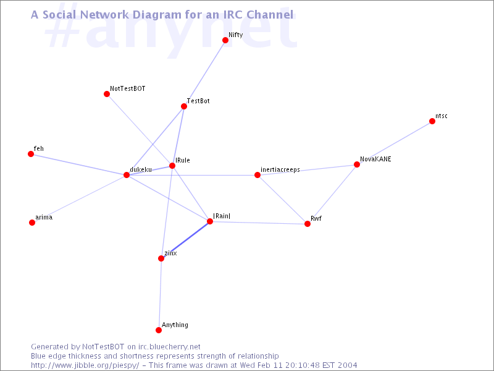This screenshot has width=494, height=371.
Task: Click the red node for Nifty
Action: pos(225,40)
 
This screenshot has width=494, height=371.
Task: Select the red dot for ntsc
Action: pos(432,121)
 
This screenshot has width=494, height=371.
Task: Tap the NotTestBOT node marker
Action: pos(107,94)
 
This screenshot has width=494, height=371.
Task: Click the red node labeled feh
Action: pos(31,154)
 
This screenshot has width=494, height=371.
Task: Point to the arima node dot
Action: pos(32,223)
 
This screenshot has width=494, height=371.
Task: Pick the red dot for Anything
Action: pos(159,330)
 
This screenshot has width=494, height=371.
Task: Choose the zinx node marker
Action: pos(161,258)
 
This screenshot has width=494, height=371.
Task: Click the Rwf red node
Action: pos(308,224)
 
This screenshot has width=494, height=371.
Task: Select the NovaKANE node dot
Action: pos(357,164)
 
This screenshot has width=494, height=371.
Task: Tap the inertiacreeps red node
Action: pos(257,175)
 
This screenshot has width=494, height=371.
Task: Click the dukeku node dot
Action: pos(127,175)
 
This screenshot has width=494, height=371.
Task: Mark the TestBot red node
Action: pos(184,106)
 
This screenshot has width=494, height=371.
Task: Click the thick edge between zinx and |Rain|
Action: pos(186,240)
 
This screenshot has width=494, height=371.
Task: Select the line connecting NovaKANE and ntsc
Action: pos(395,143)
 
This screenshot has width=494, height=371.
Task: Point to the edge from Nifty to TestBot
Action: pos(205,73)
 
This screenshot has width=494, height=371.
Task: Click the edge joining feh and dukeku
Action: pos(79,164)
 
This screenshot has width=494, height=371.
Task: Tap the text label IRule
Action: pos(183,160)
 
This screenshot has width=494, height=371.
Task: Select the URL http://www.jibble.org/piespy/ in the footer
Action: pos(85,365)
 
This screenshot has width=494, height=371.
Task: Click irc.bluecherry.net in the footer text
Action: pos(169,347)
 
